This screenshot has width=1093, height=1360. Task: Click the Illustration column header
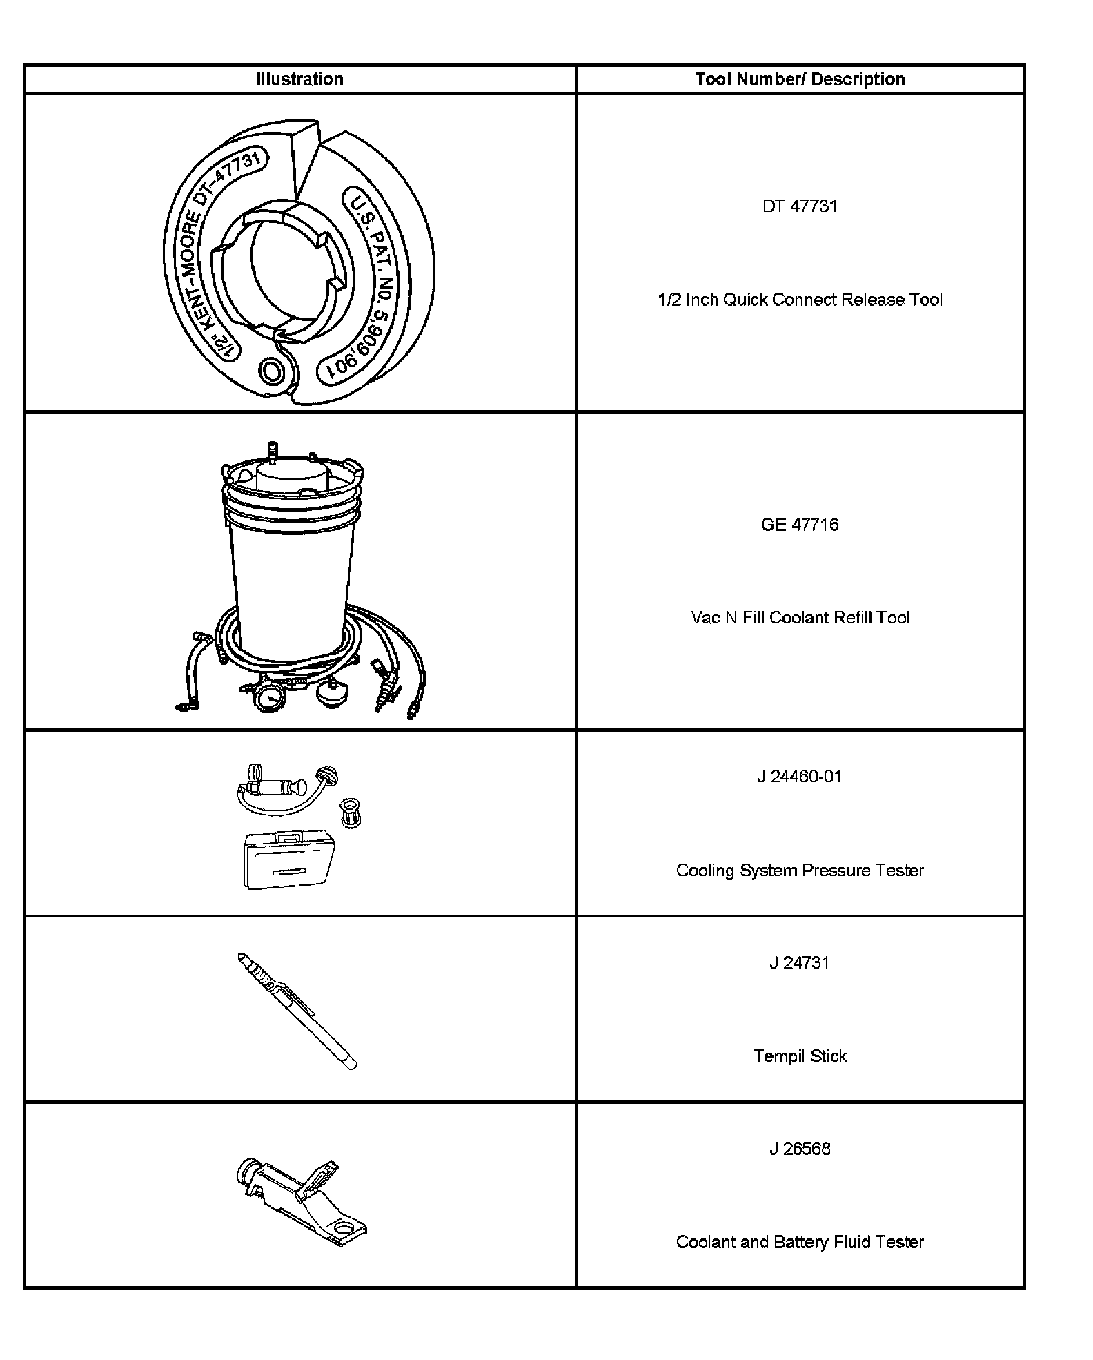(299, 79)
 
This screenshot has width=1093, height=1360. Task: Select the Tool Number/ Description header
(800, 79)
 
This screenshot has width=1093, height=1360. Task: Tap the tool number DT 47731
(800, 206)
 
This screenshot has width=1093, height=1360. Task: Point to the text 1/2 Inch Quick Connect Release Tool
(800, 300)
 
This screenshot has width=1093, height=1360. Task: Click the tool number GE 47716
(800, 525)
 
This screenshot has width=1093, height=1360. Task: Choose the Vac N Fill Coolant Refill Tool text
(800, 618)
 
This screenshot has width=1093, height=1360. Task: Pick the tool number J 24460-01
(800, 777)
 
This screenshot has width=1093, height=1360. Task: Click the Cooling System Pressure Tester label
(800, 871)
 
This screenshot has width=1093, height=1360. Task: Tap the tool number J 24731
(800, 963)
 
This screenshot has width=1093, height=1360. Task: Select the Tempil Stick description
(800, 1056)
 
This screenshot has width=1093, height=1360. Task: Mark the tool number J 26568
(800, 1149)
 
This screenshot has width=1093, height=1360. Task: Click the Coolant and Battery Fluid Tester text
(800, 1242)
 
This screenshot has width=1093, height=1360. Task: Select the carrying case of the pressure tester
(289, 859)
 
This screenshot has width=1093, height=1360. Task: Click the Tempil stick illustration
(297, 1011)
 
